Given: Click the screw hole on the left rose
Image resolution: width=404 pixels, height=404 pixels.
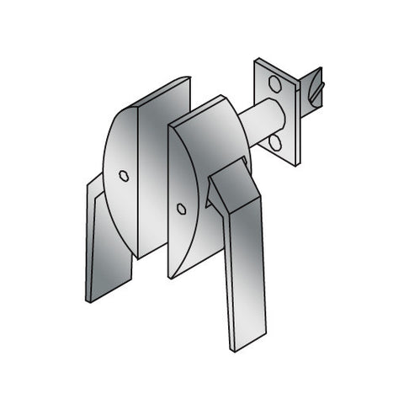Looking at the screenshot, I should point(124,176).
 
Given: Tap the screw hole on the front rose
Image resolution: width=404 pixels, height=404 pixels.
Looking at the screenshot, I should point(181,209).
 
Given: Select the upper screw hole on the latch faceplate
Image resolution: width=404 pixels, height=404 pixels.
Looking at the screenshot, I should point(274,82).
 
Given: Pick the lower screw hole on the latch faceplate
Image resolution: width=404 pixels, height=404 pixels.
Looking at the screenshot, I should point(275,141).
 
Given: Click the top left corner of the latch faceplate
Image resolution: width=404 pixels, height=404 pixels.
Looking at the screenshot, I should point(257,61).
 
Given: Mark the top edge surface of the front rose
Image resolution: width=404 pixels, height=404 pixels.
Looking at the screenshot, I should point(202,109).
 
